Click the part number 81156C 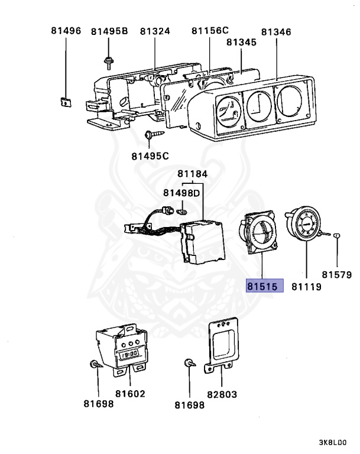210,30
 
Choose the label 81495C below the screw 150,156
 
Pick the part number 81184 193,174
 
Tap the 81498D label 181,193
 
